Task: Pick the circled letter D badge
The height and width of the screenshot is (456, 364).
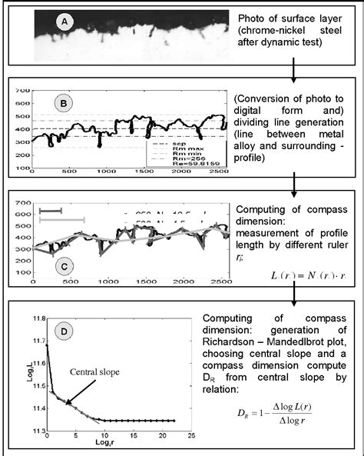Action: (x=65, y=332)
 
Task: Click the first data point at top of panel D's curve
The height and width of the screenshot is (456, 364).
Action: (x=46, y=345)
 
